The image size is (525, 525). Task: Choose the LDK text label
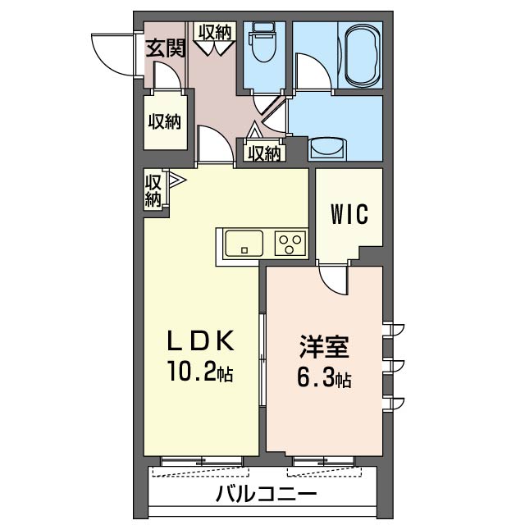[x=202, y=340]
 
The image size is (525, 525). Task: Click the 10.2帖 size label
[x=202, y=375]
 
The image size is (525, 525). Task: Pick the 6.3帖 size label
[x=325, y=381]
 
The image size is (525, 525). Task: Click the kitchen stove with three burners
[x=290, y=244]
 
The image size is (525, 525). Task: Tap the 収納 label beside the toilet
[x=215, y=32]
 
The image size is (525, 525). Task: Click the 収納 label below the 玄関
[x=165, y=122]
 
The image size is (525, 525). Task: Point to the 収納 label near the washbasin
[x=264, y=153]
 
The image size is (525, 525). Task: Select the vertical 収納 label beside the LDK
[x=154, y=190]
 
